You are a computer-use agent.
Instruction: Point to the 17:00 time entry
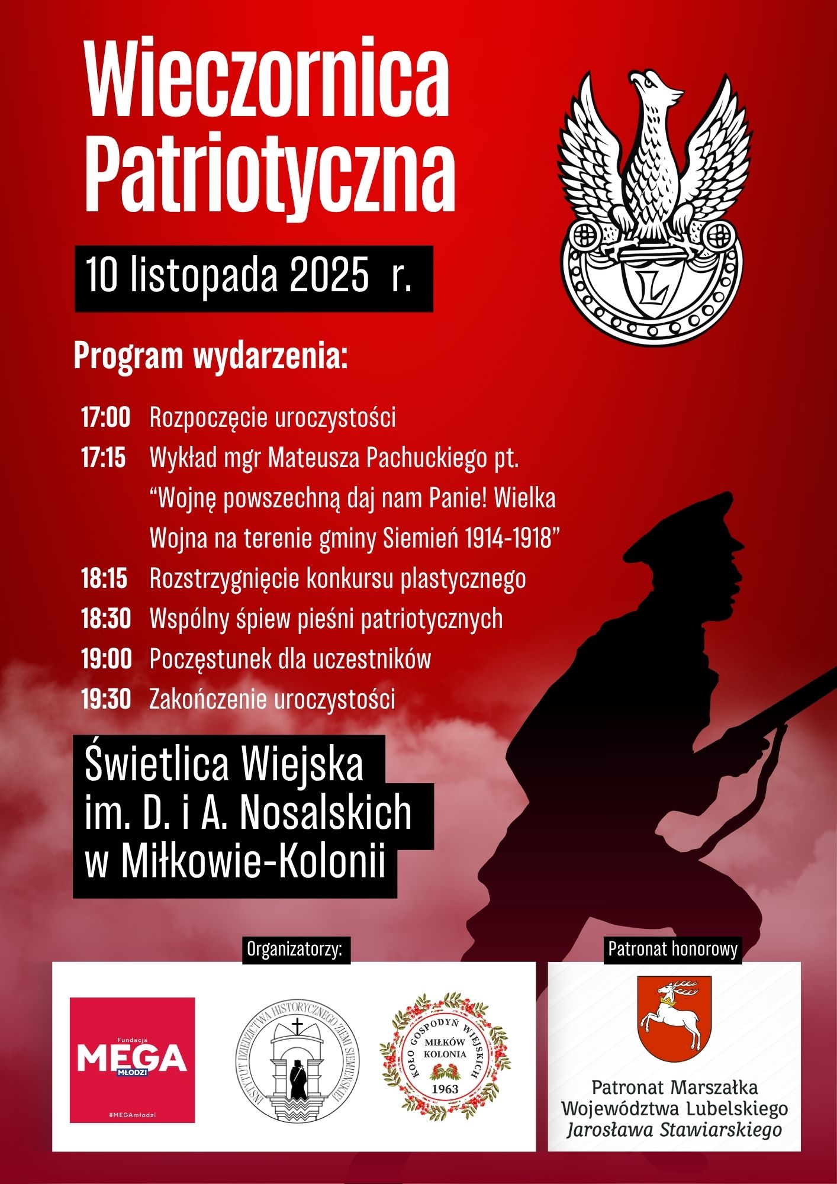click(105, 418)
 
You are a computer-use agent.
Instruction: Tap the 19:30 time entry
click(106, 700)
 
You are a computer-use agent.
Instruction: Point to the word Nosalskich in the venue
click(326, 813)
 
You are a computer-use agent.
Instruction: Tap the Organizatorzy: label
click(295, 950)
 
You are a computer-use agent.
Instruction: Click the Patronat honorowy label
click(673, 950)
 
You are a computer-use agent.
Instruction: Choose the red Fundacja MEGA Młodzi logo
click(132, 1060)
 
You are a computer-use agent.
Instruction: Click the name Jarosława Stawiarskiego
click(674, 1130)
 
